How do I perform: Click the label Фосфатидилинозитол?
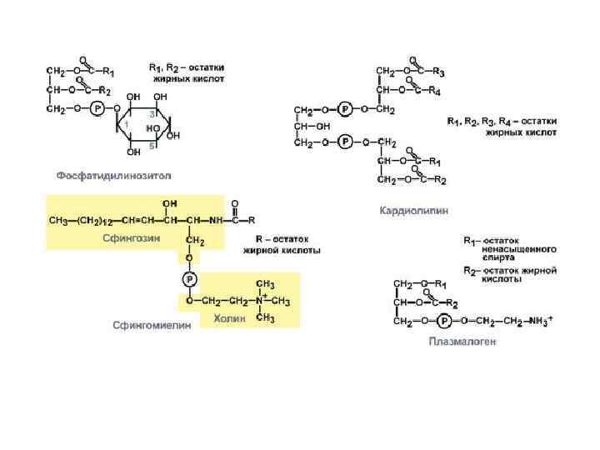pyautogui.click(x=113, y=176)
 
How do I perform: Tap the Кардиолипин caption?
pyautogui.click(x=413, y=211)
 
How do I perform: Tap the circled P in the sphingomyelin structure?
pyautogui.click(x=190, y=279)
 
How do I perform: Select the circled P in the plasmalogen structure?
pyautogui.click(x=446, y=320)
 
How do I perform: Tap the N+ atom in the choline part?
pyautogui.click(x=261, y=300)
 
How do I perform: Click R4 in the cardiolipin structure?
pyautogui.click(x=434, y=91)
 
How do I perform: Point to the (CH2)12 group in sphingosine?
pyautogui.click(x=87, y=221)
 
